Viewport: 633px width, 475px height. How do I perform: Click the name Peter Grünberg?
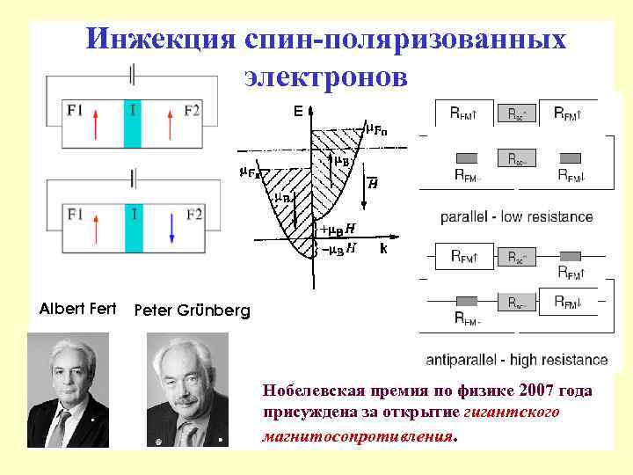(x=192, y=311)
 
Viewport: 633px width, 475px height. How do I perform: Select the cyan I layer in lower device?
(x=133, y=228)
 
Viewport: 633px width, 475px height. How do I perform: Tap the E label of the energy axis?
(x=299, y=112)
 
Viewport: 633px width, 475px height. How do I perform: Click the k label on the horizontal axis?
(x=383, y=249)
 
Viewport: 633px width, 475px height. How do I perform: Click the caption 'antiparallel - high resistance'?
(x=516, y=359)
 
